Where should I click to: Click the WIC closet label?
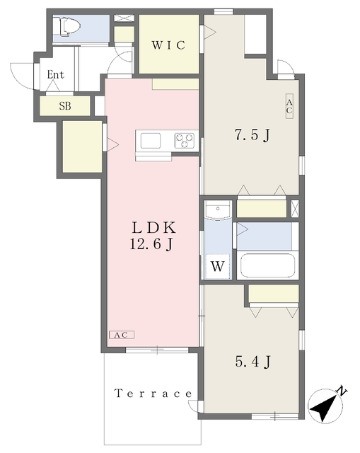point(168,45)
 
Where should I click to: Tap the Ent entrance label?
point(55,74)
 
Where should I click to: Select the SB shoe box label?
point(65,106)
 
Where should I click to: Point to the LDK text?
point(154,228)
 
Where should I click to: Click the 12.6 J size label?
point(151,244)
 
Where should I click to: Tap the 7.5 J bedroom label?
point(252,134)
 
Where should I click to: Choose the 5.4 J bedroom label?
point(253,362)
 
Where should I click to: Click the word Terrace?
point(153,394)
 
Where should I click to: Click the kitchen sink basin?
point(151,141)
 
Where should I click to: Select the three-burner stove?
point(185,141)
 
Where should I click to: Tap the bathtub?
point(267,265)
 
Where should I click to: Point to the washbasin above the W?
point(218,210)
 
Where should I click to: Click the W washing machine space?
point(218,266)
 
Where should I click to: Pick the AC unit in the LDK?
point(122,335)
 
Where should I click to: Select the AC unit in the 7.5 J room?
point(289,105)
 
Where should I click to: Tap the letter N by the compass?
point(342,391)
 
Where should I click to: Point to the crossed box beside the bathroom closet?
point(295,208)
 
